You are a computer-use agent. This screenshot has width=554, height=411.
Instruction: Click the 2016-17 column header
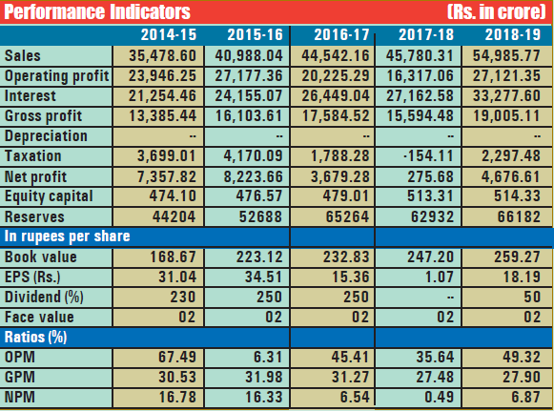coord(341,34)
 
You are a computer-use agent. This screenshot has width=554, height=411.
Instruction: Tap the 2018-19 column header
coord(513,34)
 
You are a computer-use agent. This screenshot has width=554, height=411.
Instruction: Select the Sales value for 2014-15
coord(162,55)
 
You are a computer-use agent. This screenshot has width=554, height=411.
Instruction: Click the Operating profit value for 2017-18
coord(420,75)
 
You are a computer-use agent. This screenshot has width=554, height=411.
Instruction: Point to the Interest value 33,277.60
coord(506,95)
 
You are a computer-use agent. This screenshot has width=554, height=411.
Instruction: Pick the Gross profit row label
coord(43,116)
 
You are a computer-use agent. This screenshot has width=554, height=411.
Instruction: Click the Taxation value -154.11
coord(428,155)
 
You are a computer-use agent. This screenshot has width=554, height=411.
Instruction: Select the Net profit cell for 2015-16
coord(253,176)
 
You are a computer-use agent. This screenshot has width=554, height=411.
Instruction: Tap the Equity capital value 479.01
coord(346,195)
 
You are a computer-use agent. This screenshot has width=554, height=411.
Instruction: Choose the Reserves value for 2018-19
coord(519,216)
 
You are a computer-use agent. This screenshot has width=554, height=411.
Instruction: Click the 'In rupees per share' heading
coord(67,236)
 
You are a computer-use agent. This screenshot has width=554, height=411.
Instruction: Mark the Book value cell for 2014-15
coord(173,257)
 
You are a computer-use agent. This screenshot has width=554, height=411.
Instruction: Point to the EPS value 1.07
coord(440,277)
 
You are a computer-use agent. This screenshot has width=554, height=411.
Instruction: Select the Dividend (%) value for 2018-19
coord(532,297)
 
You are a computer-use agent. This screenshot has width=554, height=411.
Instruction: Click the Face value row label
coord(39,317)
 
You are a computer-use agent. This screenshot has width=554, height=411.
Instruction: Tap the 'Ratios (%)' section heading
coord(35,338)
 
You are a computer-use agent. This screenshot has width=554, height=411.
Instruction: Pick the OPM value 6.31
coord(268,357)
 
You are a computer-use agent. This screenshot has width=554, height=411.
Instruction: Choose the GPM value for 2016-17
coord(351,377)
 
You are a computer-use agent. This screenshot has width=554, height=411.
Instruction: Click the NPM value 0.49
coord(439,397)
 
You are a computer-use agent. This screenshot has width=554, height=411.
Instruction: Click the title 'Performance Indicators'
coord(97,11)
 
